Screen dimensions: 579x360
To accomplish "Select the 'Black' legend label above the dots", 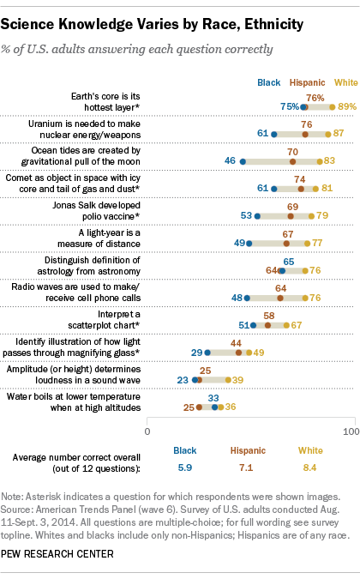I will [x=269, y=83].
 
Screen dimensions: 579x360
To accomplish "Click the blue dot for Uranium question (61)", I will [x=273, y=135].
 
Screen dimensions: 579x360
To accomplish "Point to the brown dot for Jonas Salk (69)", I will [x=291, y=217].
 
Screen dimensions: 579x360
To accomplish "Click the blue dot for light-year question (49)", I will [x=249, y=244].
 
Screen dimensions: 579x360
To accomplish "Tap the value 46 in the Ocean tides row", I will [x=230, y=161].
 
